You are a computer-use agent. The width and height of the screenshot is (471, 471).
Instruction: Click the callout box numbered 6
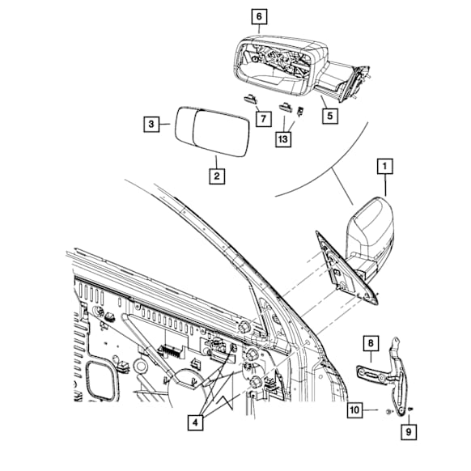pyautogui.click(x=259, y=17)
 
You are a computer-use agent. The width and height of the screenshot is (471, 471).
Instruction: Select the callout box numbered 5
pyautogui.click(x=330, y=116)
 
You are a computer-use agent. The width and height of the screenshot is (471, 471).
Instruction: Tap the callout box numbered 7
pyautogui.click(x=263, y=119)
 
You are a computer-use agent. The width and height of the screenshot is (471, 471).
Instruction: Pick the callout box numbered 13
pyautogui.click(x=283, y=139)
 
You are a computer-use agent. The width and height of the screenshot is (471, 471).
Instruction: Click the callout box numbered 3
pyautogui.click(x=151, y=124)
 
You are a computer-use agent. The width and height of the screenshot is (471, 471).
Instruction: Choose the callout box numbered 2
pyautogui.click(x=217, y=176)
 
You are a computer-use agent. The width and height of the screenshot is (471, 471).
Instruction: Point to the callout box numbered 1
pyautogui.click(x=384, y=166)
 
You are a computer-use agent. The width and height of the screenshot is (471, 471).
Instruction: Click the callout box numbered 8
pyautogui.click(x=371, y=343)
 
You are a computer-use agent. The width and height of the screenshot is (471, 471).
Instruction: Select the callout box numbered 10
pyautogui.click(x=354, y=410)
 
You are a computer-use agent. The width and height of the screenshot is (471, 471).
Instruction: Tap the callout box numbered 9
pyautogui.click(x=409, y=432)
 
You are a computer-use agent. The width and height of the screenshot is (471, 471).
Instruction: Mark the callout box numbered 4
pyautogui.click(x=195, y=422)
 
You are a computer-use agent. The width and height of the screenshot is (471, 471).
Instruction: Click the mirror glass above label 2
pyautogui.click(x=212, y=131)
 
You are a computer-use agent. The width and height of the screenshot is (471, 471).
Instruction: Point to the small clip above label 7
pyautogui.click(x=250, y=98)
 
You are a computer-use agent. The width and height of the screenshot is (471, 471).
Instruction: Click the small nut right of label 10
pyautogui.click(x=388, y=412)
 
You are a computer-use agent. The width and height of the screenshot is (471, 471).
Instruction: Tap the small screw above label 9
pyautogui.click(x=409, y=409)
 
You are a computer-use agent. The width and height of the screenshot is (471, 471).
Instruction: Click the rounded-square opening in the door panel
pyautogui.click(x=101, y=381)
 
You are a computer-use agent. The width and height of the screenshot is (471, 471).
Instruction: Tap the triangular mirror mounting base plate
pyautogui.click(x=346, y=270)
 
